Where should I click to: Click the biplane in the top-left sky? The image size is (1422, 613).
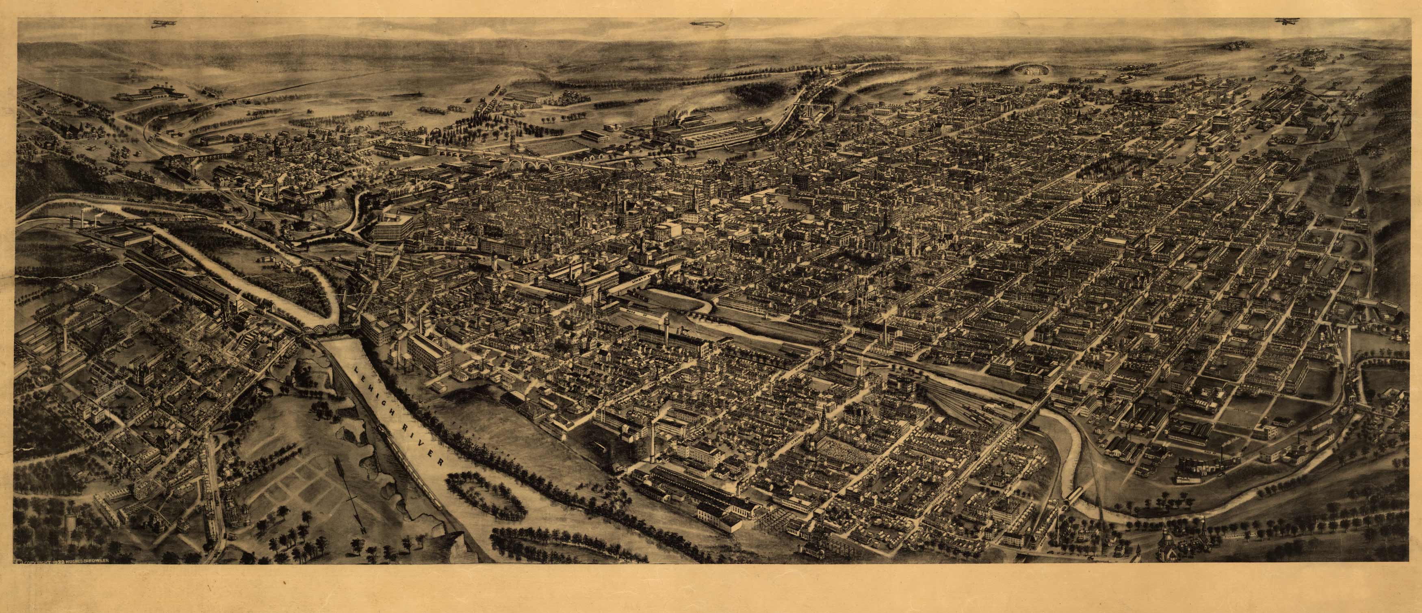point(160,23)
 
